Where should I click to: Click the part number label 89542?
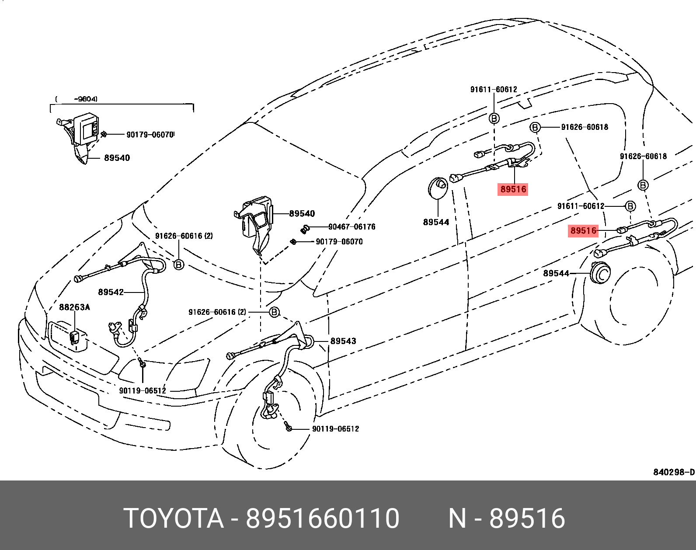(111, 292)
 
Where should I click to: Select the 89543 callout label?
(343, 341)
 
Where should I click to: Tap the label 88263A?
(74, 307)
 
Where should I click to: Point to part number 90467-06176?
(351, 226)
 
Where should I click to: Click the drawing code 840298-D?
(674, 472)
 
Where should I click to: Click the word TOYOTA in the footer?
(173, 519)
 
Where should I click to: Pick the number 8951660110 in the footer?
(322, 519)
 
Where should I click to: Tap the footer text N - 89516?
(507, 519)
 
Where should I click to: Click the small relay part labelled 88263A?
(74, 338)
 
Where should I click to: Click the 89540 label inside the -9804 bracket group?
(117, 158)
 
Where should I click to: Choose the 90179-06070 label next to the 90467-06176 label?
(339, 242)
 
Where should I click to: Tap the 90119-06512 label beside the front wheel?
(335, 429)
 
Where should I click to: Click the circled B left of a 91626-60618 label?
(535, 127)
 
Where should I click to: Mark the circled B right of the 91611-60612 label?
(630, 206)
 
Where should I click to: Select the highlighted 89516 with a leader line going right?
(583, 230)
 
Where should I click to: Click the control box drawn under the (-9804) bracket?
(87, 129)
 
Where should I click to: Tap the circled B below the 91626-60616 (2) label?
(179, 265)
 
